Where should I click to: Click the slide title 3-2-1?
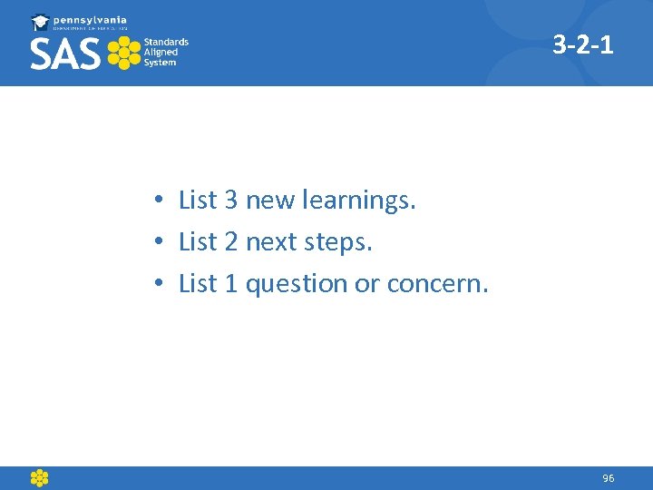(583, 44)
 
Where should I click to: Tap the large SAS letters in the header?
(64, 54)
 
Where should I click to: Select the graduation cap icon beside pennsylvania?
(40, 22)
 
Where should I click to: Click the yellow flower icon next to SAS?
(123, 54)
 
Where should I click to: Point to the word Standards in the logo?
(166, 42)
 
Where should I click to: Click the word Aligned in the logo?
(161, 53)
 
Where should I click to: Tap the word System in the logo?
(161, 64)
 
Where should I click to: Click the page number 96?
(608, 478)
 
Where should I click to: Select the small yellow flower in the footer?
(39, 478)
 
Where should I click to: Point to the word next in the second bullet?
(270, 243)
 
